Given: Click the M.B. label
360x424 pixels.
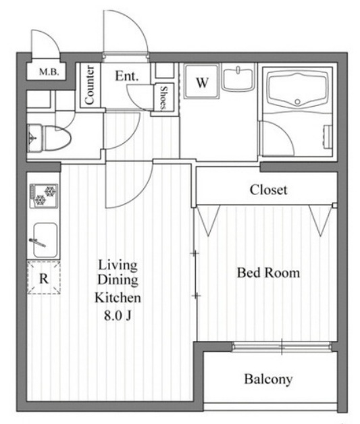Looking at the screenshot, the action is [x=49, y=72].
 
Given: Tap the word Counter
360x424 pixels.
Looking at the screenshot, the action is [x=90, y=85].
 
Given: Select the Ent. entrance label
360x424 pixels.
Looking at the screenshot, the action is [x=127, y=76].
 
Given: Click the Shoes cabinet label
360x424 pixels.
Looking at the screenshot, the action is [x=163, y=98].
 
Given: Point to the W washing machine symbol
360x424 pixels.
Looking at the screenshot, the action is [x=201, y=81].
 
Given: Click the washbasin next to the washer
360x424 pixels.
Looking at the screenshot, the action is [x=238, y=77].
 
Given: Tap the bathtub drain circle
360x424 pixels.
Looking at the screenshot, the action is [x=297, y=102].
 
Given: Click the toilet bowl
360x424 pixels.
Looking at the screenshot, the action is [x=56, y=138].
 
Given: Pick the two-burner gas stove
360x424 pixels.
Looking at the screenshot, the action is [x=44, y=196].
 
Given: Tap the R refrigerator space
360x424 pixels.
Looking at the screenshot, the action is [x=43, y=277].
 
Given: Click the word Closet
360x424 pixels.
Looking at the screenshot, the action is [x=268, y=190].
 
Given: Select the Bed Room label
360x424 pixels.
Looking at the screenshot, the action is [x=268, y=273].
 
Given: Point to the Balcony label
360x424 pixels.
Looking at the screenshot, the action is [x=268, y=379].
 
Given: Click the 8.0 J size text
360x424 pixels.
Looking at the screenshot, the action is [x=118, y=315].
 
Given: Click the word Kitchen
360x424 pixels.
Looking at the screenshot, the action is [x=118, y=298].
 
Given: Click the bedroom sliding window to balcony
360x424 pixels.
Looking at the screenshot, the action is [x=282, y=346].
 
